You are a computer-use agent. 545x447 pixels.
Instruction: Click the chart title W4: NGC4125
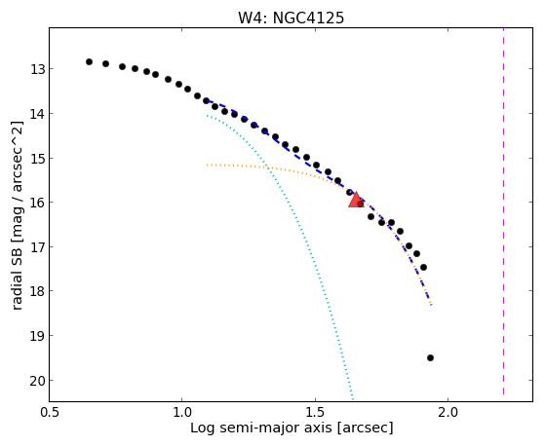[291, 19]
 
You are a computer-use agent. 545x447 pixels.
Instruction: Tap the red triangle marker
[356, 200]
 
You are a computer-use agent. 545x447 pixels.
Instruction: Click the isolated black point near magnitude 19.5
[430, 357]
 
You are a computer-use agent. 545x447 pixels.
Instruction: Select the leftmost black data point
[89, 61]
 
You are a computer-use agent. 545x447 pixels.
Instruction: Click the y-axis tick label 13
[37, 69]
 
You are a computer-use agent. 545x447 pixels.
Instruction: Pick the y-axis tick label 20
[37, 381]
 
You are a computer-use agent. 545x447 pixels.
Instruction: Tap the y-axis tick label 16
[37, 203]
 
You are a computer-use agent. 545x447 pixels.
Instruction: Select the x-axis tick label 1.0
[181, 412]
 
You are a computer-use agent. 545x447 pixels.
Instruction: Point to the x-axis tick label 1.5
[315, 412]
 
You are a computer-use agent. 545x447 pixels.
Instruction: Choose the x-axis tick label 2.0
[448, 412]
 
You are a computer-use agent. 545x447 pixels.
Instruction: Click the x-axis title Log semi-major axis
[260, 428]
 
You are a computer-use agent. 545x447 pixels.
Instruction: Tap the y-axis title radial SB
[17, 279]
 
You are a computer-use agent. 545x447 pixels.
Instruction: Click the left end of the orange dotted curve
[207, 165]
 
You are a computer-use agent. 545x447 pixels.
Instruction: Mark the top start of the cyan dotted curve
[207, 115]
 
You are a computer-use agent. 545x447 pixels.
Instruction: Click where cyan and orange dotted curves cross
[267, 168]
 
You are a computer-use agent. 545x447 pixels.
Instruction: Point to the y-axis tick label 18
[37, 291]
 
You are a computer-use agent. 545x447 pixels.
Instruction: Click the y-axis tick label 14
[37, 114]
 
